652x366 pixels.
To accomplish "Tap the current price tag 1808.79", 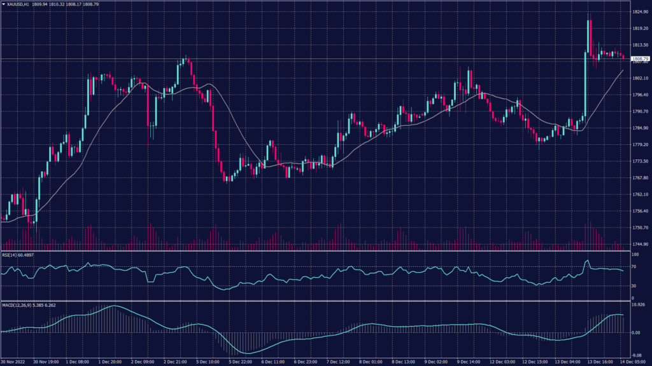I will pos(638,59).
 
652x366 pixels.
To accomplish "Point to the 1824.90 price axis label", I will pos(639,12).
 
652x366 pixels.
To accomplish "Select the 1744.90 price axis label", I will pos(639,244).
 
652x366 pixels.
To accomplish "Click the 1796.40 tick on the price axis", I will pos(639,95).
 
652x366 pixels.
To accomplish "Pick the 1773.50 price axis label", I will pos(639,161).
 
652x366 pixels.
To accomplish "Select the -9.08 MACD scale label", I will pos(636,356).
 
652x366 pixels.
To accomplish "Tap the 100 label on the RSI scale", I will pos(634,254).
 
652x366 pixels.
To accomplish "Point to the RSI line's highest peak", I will pos(588,261).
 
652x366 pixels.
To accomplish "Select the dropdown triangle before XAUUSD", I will pos(4,4).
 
